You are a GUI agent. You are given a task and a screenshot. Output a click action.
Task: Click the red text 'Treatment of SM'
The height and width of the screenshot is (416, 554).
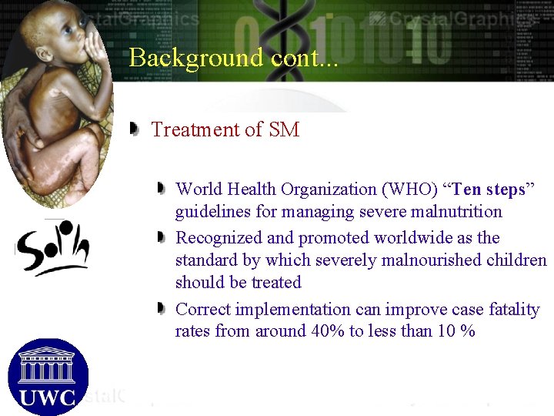[225, 129]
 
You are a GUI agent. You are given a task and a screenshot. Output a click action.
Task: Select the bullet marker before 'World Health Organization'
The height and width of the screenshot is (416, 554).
[160, 188]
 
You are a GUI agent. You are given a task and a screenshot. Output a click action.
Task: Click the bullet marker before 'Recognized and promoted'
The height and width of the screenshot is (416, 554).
[160, 237]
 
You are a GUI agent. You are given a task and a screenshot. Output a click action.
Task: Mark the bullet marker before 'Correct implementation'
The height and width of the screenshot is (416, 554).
[160, 308]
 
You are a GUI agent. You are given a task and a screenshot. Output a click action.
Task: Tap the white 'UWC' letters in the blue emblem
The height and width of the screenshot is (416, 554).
[47, 398]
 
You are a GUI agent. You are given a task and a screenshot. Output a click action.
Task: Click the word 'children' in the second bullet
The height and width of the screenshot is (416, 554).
[516, 260]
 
